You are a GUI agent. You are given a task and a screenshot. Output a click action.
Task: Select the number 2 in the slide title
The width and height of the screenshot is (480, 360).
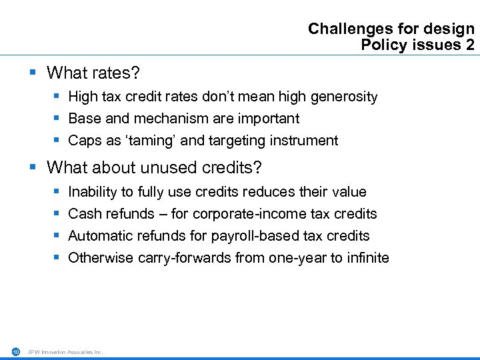click(470, 45)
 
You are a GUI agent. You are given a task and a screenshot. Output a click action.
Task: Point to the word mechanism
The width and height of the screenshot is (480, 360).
click(155, 119)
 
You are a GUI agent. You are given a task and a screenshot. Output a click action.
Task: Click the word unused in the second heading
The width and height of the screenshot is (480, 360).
click(171, 167)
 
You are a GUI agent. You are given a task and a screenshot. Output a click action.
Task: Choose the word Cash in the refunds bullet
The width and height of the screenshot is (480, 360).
click(84, 214)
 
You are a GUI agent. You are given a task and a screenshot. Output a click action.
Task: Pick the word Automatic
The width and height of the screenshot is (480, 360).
click(97, 236)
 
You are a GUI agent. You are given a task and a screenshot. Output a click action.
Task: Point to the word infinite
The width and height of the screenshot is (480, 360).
click(367, 258)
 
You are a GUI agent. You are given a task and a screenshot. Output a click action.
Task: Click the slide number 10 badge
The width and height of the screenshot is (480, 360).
click(15, 351)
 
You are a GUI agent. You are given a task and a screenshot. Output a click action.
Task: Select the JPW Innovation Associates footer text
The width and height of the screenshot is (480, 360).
click(65, 351)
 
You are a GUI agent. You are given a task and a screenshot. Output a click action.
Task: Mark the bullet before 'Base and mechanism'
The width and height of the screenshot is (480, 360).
click(56, 119)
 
